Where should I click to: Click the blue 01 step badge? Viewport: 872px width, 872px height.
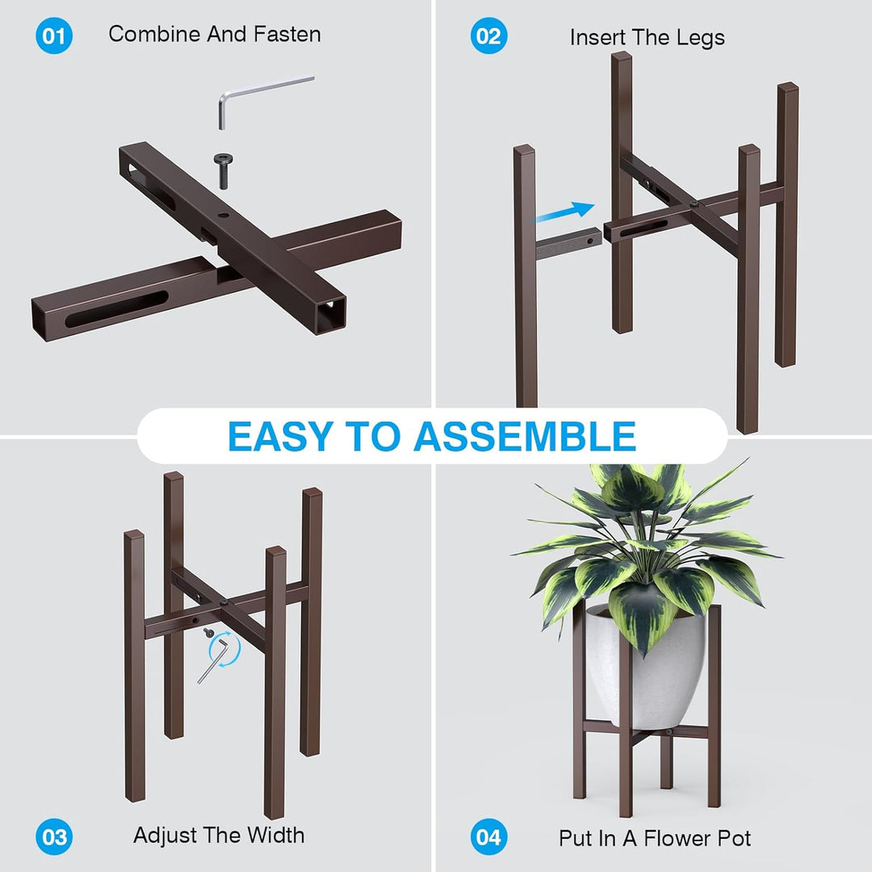[x=54, y=36]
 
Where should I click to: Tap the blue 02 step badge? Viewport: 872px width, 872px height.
[x=488, y=36]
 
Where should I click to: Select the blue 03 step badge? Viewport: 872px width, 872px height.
[x=54, y=837]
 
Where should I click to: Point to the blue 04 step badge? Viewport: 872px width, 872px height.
[x=488, y=837]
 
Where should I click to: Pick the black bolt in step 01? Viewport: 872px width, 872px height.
[x=224, y=170]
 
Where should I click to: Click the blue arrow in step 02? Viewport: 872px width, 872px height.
[x=564, y=212]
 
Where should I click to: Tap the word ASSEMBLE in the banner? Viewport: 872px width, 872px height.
[x=525, y=437]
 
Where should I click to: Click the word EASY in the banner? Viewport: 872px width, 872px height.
[x=281, y=437]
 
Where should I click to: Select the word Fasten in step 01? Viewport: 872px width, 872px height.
[x=287, y=35]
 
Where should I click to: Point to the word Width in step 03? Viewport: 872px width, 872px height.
[x=276, y=836]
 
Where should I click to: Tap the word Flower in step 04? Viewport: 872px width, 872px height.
[x=678, y=838]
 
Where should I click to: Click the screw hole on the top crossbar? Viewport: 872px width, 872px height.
[x=223, y=216]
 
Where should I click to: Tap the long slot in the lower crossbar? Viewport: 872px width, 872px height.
[x=116, y=308]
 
